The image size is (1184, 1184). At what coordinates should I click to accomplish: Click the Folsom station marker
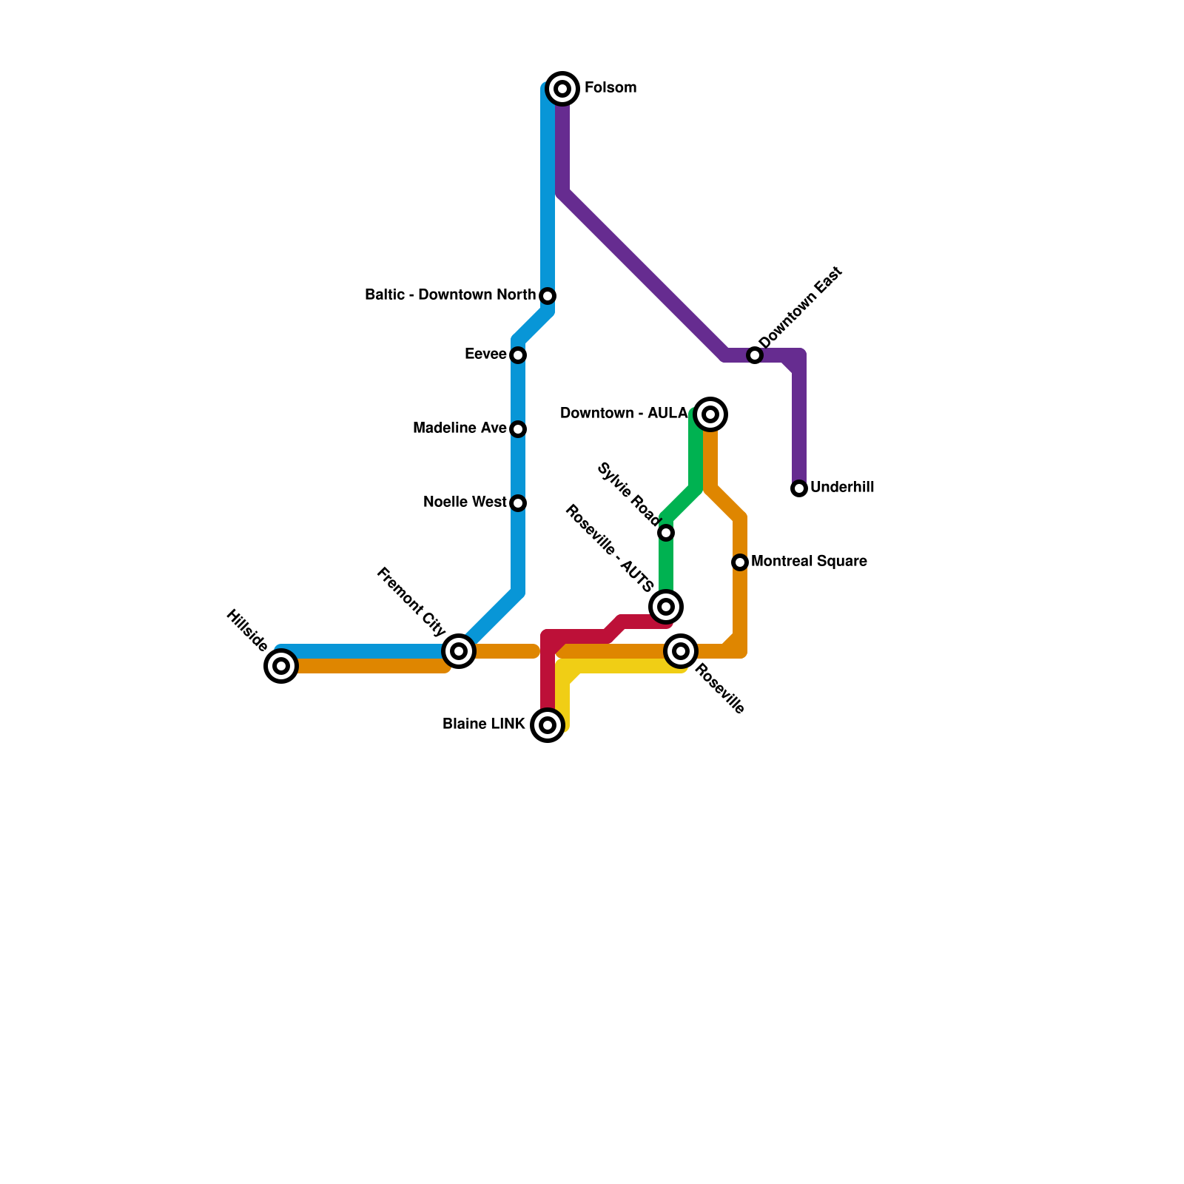point(562,89)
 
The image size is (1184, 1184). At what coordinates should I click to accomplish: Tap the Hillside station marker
point(281,666)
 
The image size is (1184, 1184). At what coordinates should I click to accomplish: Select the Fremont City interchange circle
point(459,651)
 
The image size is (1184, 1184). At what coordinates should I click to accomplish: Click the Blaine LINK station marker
point(548,725)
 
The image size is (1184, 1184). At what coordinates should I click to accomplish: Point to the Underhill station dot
point(799,488)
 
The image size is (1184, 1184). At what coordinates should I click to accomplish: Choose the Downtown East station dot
point(755,355)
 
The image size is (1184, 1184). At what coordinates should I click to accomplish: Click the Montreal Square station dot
point(740,562)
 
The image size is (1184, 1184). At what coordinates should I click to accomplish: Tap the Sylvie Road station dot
point(666,533)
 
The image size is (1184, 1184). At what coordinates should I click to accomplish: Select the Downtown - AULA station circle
point(710,414)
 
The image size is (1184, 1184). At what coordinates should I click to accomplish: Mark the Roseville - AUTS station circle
point(666,607)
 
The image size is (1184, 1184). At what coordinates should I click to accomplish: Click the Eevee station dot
point(518,355)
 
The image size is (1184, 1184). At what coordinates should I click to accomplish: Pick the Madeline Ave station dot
point(518,429)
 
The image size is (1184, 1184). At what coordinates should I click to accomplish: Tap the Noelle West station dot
point(518,503)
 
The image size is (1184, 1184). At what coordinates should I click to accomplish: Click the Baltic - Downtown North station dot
point(548,296)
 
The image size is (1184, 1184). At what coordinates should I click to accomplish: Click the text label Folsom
point(610,88)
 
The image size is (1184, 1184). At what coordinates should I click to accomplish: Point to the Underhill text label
point(842,488)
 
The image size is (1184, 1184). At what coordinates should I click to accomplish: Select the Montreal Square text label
point(809,562)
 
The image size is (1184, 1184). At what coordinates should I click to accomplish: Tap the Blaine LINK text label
point(484,724)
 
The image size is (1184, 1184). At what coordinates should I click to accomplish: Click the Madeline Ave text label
point(460,428)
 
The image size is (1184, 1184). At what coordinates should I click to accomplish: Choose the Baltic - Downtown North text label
point(450,295)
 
